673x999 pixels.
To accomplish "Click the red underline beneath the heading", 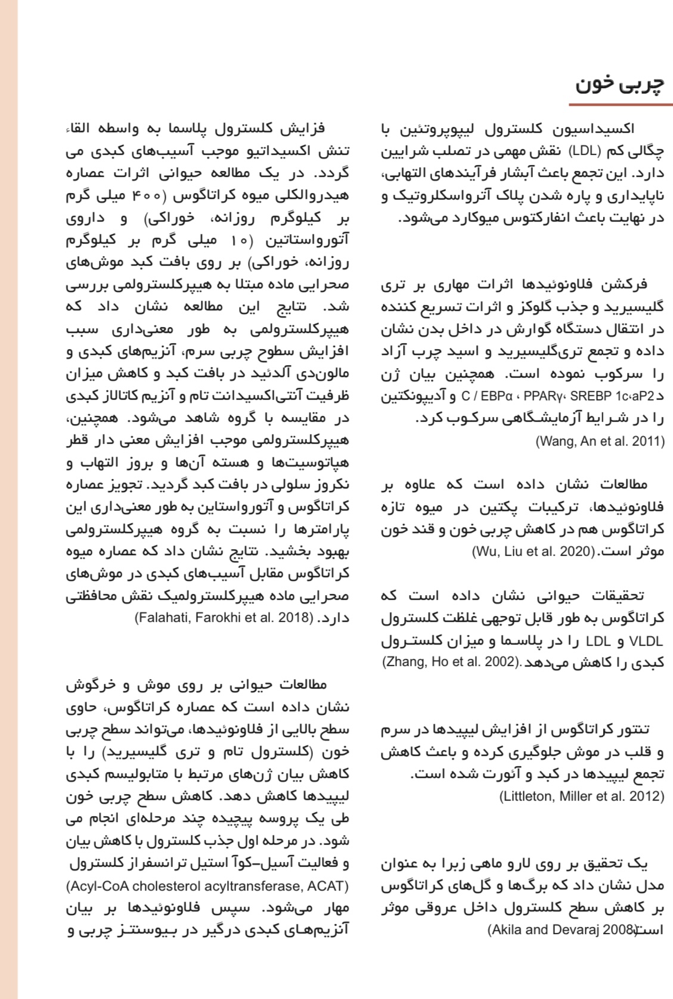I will click(620, 105).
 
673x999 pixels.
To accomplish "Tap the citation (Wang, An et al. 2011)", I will click(600, 441).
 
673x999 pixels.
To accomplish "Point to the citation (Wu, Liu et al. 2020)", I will click(534, 552).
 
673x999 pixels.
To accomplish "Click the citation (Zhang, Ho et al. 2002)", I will click(449, 661).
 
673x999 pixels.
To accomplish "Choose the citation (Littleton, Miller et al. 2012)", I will click(581, 796).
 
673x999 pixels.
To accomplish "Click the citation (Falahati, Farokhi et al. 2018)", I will click(224, 617).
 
